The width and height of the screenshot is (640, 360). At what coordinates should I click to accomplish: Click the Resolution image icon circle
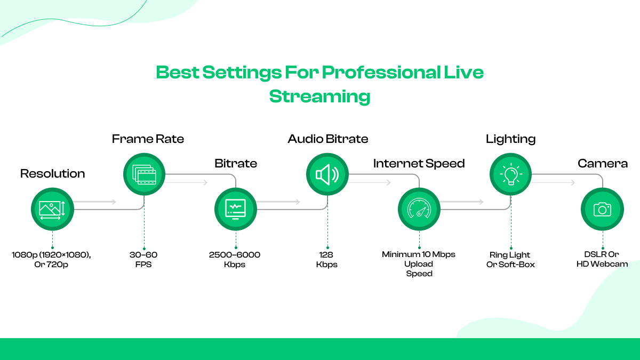(52, 209)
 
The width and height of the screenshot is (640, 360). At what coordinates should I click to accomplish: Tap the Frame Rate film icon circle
(144, 174)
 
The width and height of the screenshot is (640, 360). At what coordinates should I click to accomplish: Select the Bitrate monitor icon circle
(235, 209)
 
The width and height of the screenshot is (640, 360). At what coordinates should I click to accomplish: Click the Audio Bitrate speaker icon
(327, 174)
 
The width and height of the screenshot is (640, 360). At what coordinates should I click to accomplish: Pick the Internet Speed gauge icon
(419, 209)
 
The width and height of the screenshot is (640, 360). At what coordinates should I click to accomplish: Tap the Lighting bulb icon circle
(510, 174)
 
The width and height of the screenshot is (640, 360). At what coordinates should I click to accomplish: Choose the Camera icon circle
(602, 209)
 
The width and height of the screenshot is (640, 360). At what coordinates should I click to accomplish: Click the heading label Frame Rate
(148, 139)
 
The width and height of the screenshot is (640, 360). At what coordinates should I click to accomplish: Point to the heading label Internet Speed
(419, 163)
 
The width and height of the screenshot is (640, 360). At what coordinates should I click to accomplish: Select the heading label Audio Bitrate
(327, 139)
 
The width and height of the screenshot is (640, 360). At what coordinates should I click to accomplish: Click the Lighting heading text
(510, 139)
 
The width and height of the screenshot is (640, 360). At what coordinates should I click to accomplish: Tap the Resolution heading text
(52, 174)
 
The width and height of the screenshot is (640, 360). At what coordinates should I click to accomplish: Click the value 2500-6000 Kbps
(235, 259)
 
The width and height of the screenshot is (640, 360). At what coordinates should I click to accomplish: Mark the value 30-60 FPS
(144, 259)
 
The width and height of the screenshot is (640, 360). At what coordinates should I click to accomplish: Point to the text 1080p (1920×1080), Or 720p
(51, 259)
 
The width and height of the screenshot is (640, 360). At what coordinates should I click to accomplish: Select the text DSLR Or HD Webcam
(602, 259)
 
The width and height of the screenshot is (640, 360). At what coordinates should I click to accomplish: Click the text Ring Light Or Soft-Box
(510, 259)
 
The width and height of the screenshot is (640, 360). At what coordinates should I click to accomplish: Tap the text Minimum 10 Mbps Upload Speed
(419, 263)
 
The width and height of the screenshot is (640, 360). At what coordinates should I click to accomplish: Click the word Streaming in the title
(319, 97)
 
